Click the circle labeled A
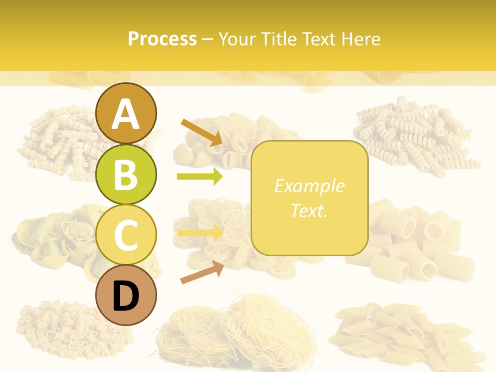(x=126, y=113)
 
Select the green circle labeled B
(x=126, y=174)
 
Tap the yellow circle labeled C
(x=126, y=235)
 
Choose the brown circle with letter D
(x=126, y=296)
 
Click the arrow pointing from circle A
(x=202, y=132)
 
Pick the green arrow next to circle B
(x=200, y=177)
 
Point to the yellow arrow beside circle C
(x=200, y=233)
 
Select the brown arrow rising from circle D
(x=202, y=272)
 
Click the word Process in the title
(x=162, y=39)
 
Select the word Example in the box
(x=309, y=186)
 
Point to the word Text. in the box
(x=309, y=210)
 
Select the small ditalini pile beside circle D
(x=57, y=326)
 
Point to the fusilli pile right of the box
(x=413, y=134)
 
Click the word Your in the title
(x=236, y=39)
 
